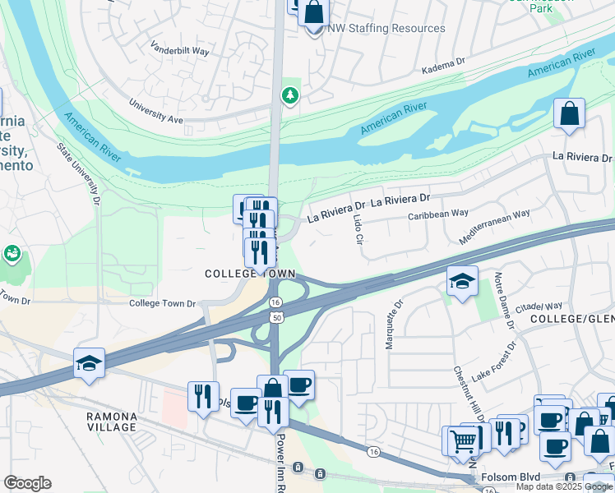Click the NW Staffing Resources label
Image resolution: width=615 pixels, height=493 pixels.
click(386, 28)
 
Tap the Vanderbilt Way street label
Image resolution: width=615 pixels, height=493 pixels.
click(181, 48)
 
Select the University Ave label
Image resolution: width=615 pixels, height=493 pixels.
click(156, 112)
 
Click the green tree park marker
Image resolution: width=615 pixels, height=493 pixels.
click(289, 96)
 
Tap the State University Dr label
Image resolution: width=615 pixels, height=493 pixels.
click(79, 173)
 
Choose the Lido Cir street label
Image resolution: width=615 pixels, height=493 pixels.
click(357, 231)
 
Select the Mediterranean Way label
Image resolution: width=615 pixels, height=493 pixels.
click(494, 227)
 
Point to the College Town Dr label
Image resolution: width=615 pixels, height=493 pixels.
click(163, 303)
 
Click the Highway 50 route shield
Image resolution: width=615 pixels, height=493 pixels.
click(277, 317)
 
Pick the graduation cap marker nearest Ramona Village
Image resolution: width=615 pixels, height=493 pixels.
click(89, 362)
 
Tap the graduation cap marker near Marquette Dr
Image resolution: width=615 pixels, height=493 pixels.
click(462, 280)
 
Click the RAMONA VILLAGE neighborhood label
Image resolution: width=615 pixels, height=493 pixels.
click(112, 422)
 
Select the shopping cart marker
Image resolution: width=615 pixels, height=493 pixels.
click(463, 440)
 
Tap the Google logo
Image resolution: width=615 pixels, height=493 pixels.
click(27, 483)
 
